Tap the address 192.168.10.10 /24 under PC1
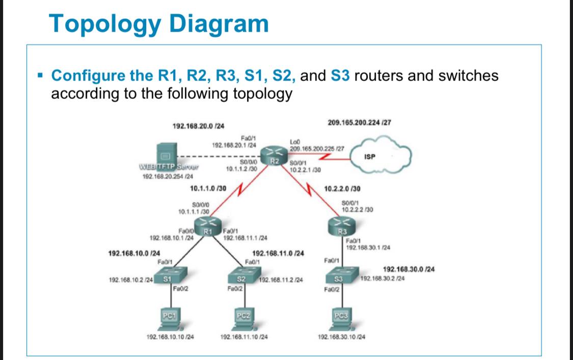click(x=171, y=337)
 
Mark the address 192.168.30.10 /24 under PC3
click(x=341, y=337)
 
